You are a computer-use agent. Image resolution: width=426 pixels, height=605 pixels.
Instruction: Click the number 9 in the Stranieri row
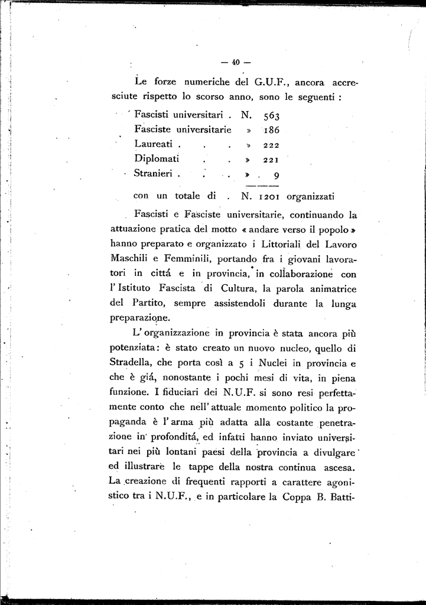pos(277,175)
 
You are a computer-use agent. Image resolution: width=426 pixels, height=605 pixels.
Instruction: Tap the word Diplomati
pos(157,159)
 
